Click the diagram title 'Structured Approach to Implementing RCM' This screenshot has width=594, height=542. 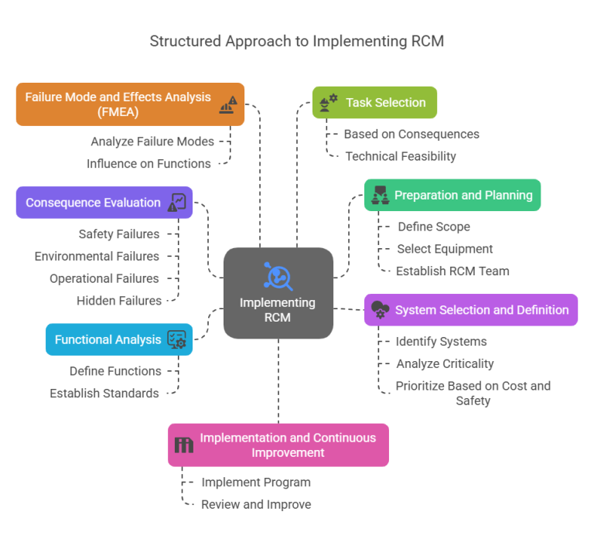(297, 41)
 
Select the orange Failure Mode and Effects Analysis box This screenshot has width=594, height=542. (130, 104)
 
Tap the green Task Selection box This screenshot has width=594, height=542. (374, 102)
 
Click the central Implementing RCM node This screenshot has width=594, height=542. (278, 293)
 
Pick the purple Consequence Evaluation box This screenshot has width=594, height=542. (104, 203)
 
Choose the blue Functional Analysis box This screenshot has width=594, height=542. (118, 339)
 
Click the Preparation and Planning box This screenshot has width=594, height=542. (452, 195)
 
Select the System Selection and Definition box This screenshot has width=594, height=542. (470, 310)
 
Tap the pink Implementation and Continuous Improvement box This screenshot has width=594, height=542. (278, 445)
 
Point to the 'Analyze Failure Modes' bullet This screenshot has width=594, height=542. (152, 141)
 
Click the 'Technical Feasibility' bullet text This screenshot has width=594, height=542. (400, 156)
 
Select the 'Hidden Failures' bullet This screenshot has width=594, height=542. (119, 300)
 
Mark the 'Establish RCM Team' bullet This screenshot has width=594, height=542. (452, 271)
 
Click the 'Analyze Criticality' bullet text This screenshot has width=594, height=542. (445, 363)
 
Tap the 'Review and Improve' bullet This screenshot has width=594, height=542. (256, 504)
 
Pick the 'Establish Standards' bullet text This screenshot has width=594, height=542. (104, 393)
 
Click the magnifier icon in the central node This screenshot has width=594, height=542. (278, 276)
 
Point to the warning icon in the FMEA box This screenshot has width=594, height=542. (228, 104)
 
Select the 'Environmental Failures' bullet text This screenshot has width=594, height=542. (97, 256)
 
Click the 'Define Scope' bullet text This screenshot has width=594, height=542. (433, 227)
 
